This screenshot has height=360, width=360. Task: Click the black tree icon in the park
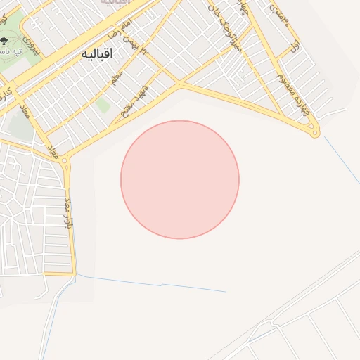click(6, 41)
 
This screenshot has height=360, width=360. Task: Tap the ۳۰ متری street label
click(280, 15)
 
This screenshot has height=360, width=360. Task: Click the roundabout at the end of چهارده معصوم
click(315, 131)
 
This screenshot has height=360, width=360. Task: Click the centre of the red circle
click(180, 179)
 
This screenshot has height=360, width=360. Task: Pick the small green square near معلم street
click(103, 105)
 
